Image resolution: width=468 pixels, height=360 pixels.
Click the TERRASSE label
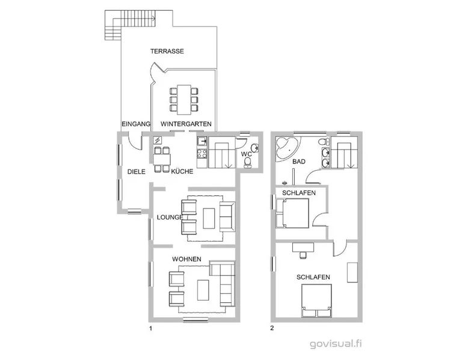click(x=167, y=51)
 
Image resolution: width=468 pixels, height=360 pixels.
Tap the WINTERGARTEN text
click(x=186, y=124)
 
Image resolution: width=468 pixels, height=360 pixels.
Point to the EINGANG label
click(x=136, y=124)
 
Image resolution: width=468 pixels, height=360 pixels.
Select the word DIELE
click(x=137, y=172)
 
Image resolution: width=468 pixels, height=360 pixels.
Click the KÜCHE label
click(x=182, y=171)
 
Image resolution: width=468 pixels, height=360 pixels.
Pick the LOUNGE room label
click(x=170, y=218)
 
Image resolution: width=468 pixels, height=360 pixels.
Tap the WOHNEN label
click(x=186, y=259)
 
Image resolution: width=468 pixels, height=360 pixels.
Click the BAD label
click(x=299, y=162)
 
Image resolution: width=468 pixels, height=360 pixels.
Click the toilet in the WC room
click(x=247, y=162)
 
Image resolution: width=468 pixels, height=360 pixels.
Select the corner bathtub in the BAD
click(x=286, y=148)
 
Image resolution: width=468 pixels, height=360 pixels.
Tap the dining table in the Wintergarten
click(x=184, y=100)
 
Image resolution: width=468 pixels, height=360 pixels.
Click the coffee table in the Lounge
click(x=209, y=218)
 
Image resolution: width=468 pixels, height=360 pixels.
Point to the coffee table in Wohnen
click(x=203, y=290)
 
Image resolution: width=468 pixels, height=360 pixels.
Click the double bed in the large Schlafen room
click(x=316, y=301)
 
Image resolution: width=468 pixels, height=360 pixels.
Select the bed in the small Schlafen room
click(x=292, y=213)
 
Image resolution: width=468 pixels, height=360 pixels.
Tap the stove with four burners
click(x=202, y=153)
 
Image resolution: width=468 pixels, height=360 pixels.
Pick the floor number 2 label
click(x=272, y=328)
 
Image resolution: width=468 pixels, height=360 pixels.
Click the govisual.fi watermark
click(x=336, y=344)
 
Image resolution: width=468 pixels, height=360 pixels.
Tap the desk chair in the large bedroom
click(x=303, y=255)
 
